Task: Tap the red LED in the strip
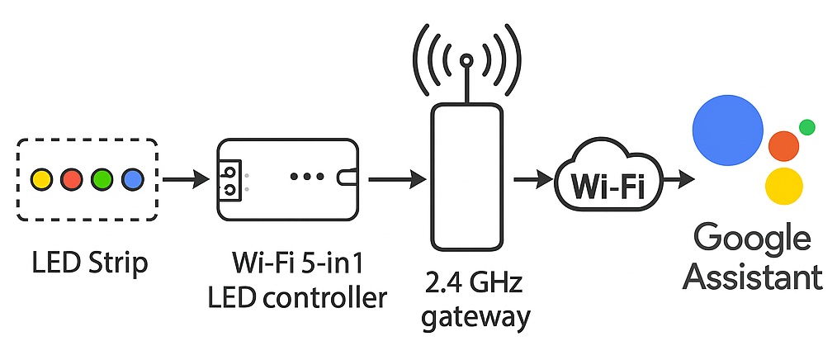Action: click(x=72, y=178)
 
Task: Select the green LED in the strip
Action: click(x=102, y=178)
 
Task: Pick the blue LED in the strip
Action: click(x=131, y=178)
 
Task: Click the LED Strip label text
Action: click(x=90, y=264)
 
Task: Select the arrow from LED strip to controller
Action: click(x=185, y=178)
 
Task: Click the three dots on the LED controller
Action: click(x=306, y=177)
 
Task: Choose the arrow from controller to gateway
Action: click(x=395, y=178)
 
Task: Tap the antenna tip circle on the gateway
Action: click(x=466, y=60)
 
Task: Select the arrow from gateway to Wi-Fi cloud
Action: click(x=533, y=178)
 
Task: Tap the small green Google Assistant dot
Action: click(x=807, y=127)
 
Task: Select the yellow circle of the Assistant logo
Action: click(x=784, y=186)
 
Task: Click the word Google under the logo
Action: click(x=752, y=239)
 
